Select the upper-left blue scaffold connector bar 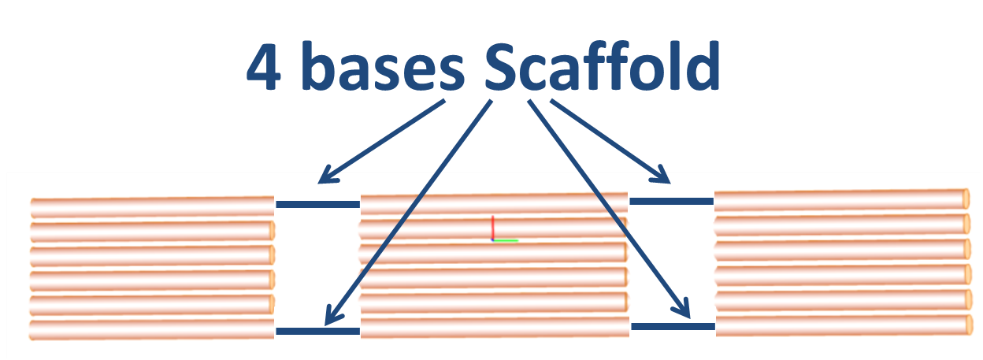click(317, 204)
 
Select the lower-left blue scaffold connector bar click(317, 331)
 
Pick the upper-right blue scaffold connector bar click(671, 201)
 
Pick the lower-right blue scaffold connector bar click(673, 326)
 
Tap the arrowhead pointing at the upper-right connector click(662, 175)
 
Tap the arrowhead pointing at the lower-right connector click(682, 310)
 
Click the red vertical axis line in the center click(492, 227)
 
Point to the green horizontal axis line click(506, 240)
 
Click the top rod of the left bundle click(150, 208)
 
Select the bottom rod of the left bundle click(150, 329)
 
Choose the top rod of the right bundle click(840, 200)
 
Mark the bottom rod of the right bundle click(840, 325)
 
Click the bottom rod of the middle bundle click(495, 328)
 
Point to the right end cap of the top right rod click(966, 197)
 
